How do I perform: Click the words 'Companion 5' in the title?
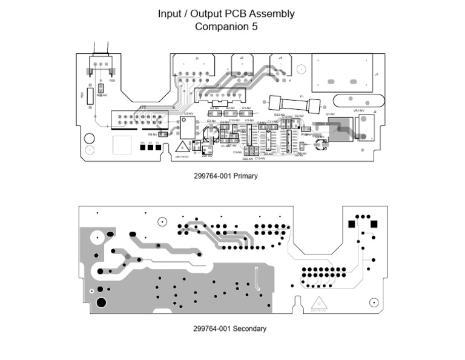pyautogui.click(x=226, y=27)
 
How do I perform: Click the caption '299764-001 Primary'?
pyautogui.click(x=226, y=176)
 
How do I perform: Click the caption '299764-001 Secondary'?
pyautogui.click(x=229, y=329)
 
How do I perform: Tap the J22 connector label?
pyautogui.click(x=142, y=107)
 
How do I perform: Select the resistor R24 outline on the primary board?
pyautogui.click(x=90, y=95)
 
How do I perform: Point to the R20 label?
pyautogui.click(x=112, y=80)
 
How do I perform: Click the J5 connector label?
pyautogui.click(x=197, y=58)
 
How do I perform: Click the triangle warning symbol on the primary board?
pyautogui.click(x=181, y=147)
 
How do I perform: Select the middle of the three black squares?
pyautogui.click(x=150, y=147)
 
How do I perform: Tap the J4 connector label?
pyautogui.click(x=280, y=58)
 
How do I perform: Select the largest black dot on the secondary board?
pyautogui.click(x=101, y=302)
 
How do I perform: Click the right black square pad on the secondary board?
pyautogui.click(x=374, y=224)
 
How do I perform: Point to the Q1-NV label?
pyautogui.click(x=330, y=114)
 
